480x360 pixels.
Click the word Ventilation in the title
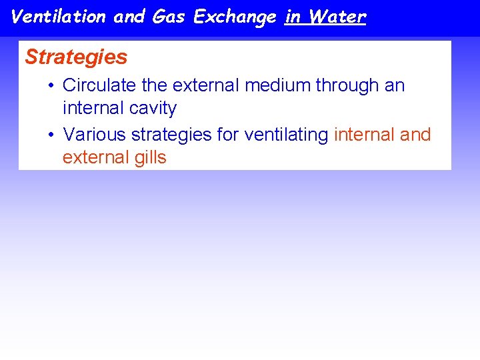coord(59,17)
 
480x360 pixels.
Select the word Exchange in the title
coord(235,17)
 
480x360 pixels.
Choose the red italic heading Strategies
coord(76,57)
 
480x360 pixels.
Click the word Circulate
coord(94,85)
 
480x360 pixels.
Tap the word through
coord(344,86)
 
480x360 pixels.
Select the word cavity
coord(154,109)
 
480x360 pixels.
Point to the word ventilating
coord(286,135)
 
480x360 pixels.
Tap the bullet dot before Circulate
coord(51,86)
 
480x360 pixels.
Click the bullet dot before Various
coord(51,135)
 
